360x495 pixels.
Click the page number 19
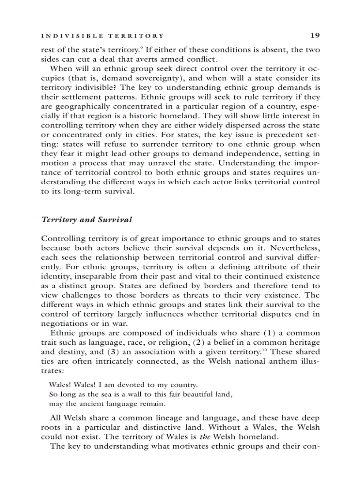[x=315, y=35]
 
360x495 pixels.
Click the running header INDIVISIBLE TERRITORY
[x=102, y=36]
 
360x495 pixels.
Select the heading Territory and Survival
[x=86, y=219]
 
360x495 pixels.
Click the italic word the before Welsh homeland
[x=205, y=437]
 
